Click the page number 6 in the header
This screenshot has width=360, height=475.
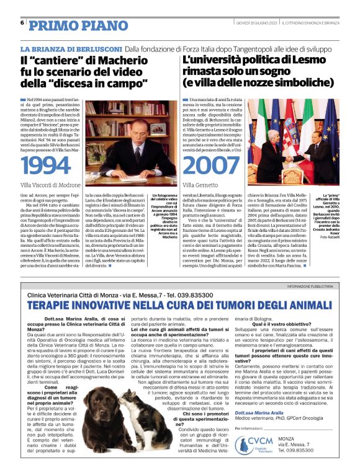[22, 23]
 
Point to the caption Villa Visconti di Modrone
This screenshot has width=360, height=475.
[59, 185]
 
